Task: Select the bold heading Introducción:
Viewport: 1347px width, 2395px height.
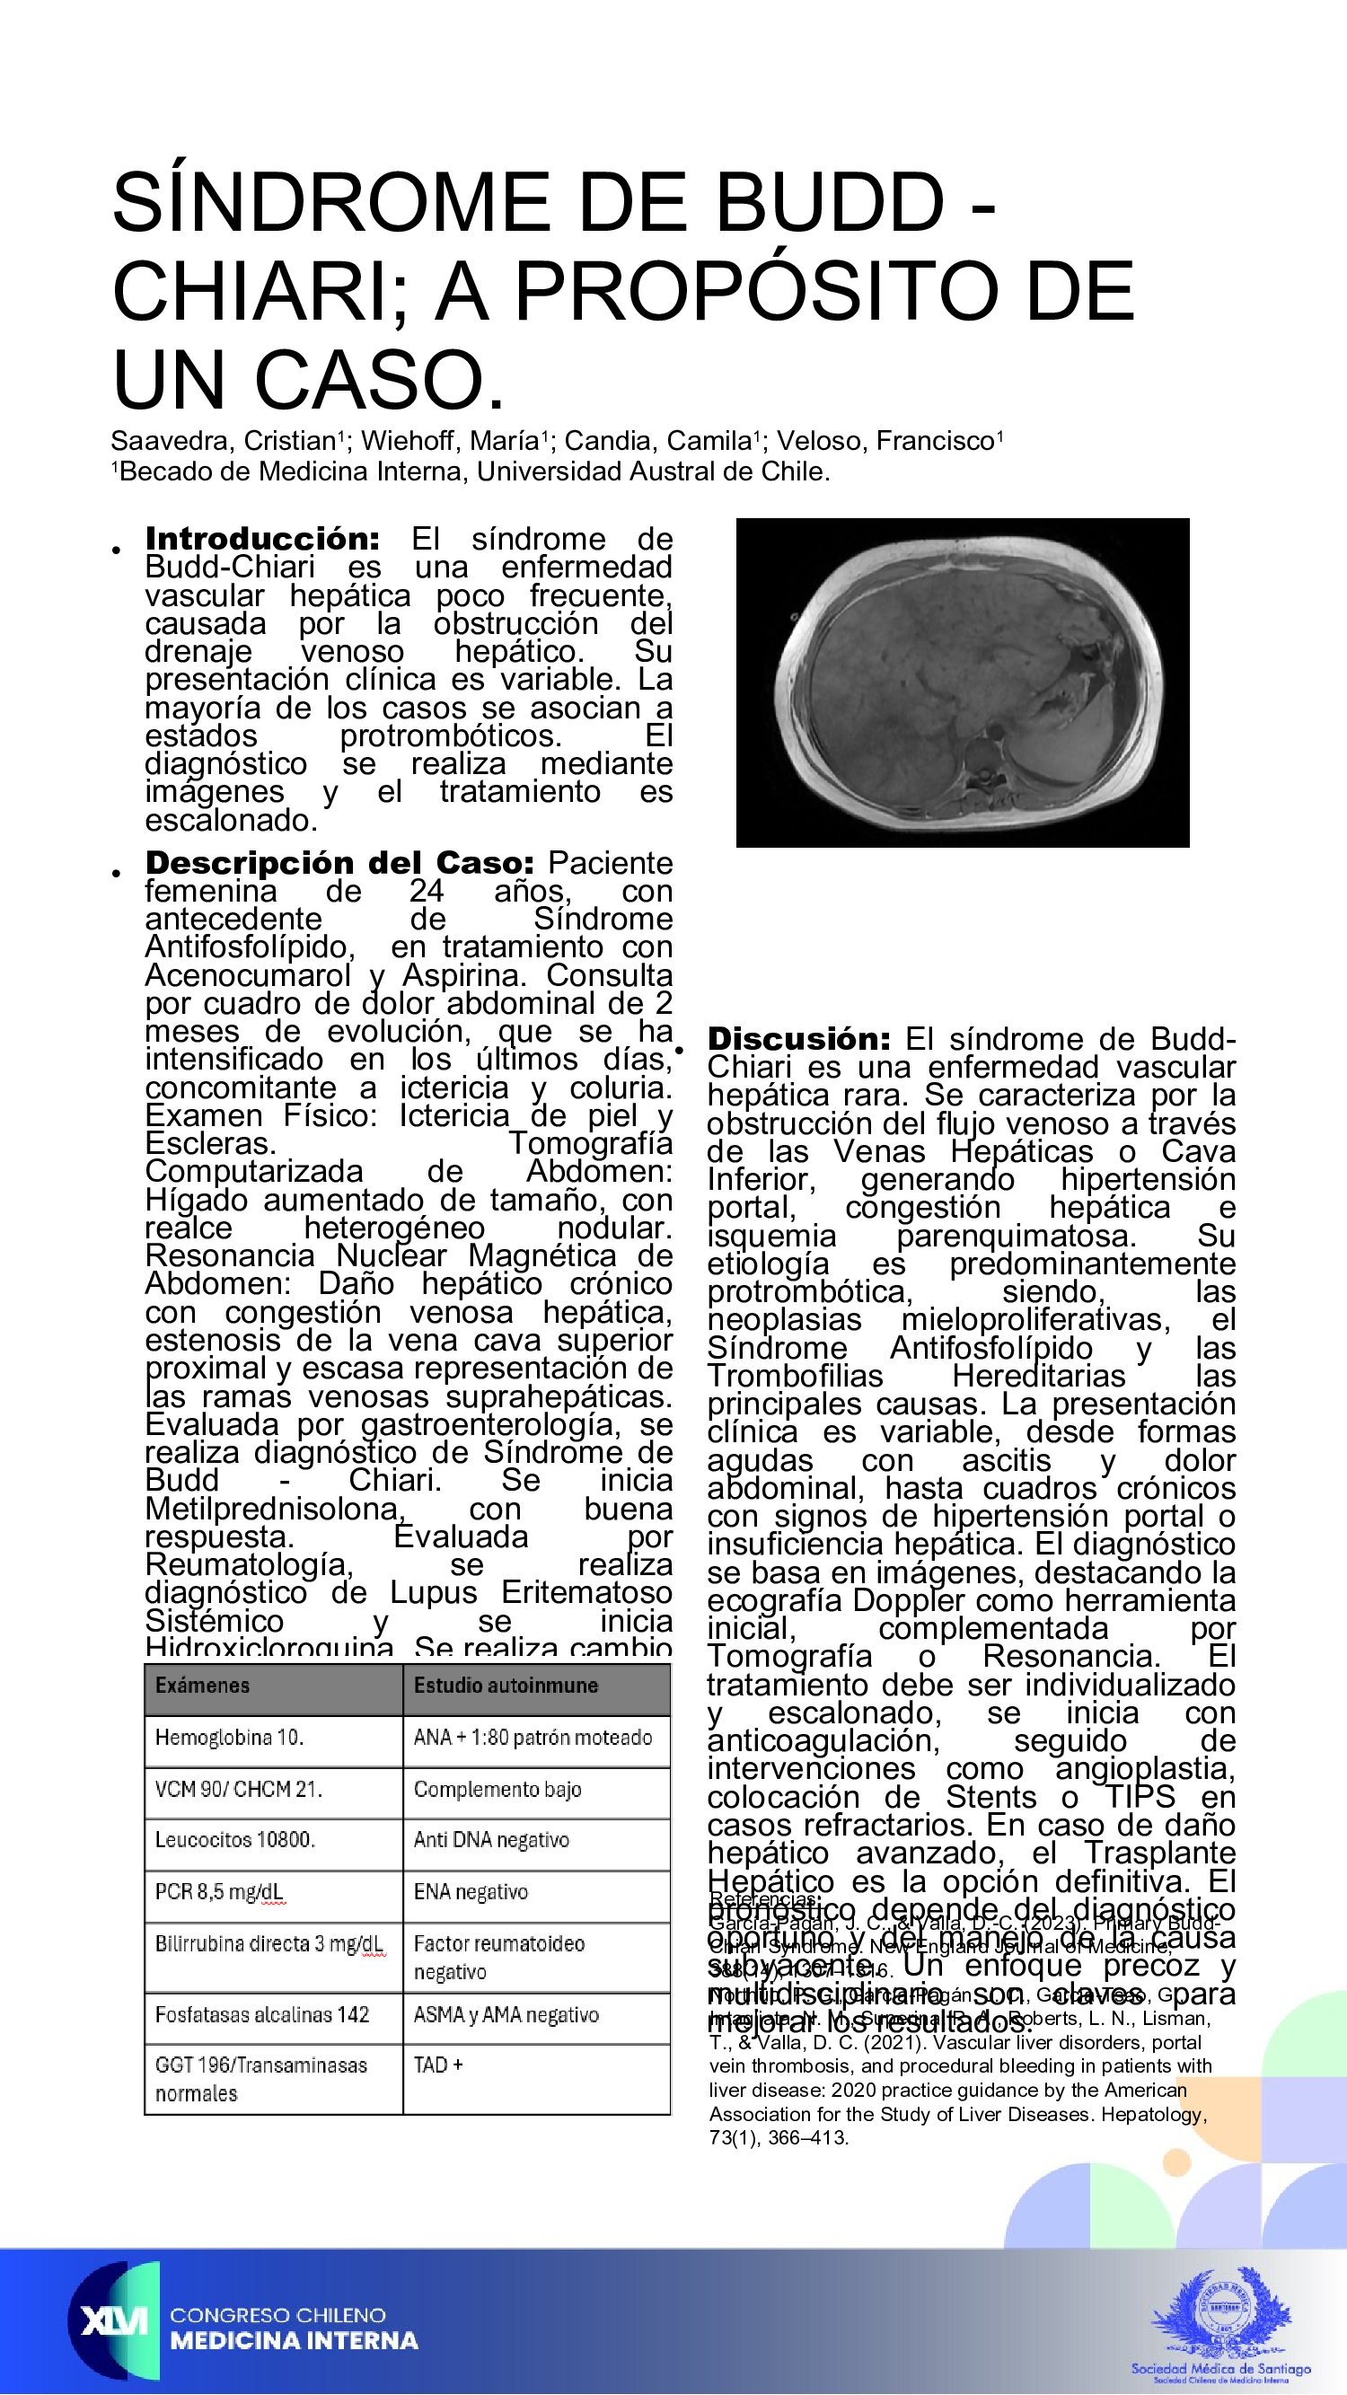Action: [x=262, y=538]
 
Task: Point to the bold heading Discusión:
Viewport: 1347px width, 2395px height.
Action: [x=798, y=1038]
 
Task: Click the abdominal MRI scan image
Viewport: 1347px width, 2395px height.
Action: [x=962, y=682]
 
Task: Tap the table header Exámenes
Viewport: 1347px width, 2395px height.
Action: [x=203, y=1686]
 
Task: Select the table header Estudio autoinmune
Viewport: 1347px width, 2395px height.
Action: [x=506, y=1686]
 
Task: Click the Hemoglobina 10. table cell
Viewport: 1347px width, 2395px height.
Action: [x=230, y=1738]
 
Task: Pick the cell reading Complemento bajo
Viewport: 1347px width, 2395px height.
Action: [x=497, y=1789]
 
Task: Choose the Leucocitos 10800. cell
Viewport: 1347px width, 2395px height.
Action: [x=235, y=1840]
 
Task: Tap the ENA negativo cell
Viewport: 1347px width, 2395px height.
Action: [x=471, y=1892]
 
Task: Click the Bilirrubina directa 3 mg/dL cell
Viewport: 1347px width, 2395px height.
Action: [x=269, y=1943]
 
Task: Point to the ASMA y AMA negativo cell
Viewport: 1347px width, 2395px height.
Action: [x=506, y=2015]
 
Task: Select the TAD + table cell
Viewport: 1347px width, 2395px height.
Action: [x=438, y=2065]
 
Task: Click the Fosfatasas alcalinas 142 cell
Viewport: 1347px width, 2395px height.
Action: [x=262, y=2015]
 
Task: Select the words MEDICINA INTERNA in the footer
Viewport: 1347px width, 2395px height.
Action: [x=294, y=2341]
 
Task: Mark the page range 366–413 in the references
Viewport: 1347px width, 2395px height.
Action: [x=807, y=2137]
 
